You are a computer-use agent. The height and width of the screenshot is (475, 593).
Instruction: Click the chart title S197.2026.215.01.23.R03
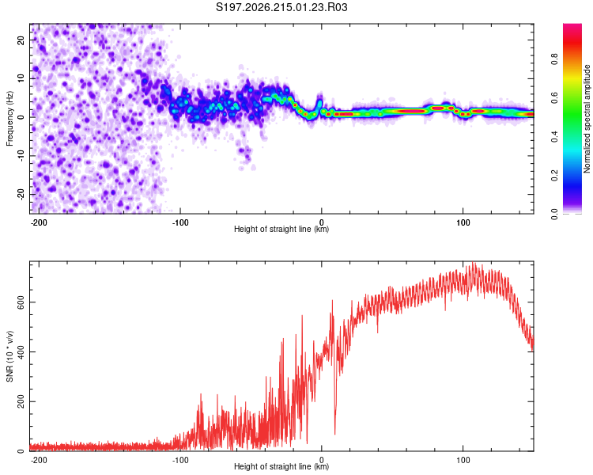[x=281, y=7]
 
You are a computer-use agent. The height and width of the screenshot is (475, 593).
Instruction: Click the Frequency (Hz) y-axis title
[x=9, y=119]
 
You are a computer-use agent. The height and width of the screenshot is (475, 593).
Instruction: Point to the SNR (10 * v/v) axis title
[x=9, y=356]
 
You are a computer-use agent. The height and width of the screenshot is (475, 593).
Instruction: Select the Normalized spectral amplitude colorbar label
[x=587, y=119]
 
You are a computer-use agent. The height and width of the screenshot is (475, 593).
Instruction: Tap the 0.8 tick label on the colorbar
[x=554, y=59]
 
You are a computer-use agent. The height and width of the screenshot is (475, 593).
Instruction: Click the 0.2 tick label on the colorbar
[x=554, y=176]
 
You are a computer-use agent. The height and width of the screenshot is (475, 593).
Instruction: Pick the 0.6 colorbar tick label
[x=554, y=97]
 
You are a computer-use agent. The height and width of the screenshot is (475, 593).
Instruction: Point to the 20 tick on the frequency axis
[x=21, y=40]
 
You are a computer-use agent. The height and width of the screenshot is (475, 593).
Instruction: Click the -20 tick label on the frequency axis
[x=21, y=195]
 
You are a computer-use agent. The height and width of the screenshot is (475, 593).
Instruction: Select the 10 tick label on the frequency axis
[x=21, y=78]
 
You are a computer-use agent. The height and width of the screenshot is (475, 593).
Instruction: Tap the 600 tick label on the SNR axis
[x=21, y=302]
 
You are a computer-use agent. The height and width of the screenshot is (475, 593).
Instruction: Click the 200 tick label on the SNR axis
[x=21, y=401]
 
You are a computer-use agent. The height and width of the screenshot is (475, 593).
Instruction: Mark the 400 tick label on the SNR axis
[x=21, y=351]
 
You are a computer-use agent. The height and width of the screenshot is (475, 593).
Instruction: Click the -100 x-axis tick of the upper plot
[x=180, y=222]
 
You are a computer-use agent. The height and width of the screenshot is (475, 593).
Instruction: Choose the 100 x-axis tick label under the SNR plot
[x=463, y=460]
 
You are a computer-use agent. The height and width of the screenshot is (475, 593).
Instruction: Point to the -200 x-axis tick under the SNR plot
[x=39, y=460]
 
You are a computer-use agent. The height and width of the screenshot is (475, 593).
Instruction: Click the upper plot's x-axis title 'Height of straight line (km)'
[x=281, y=229]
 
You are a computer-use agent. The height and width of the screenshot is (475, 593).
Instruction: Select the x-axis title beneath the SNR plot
[x=281, y=466]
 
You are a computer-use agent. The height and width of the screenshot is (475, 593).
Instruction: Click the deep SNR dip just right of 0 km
[x=334, y=433]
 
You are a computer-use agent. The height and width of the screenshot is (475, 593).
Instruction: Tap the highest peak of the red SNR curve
[x=472, y=264]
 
